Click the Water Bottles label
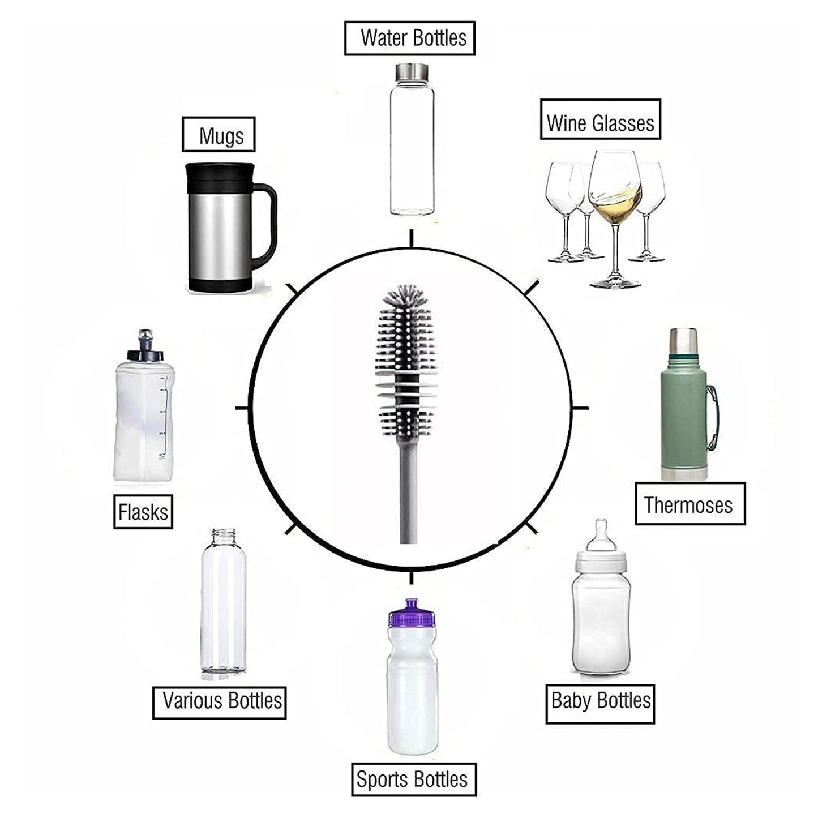409,38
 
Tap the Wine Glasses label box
600,123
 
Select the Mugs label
219,136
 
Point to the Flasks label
143,512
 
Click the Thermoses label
689,504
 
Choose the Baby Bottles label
600,700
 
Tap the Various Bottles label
220,701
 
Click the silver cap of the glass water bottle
412,72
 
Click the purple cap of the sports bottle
412,613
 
